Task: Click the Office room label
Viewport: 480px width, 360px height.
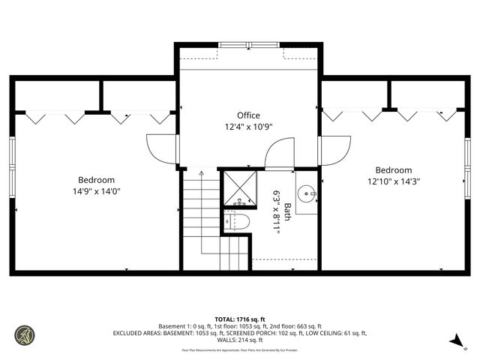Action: pos(248,115)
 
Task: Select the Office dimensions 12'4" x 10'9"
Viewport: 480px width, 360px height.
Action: pos(248,127)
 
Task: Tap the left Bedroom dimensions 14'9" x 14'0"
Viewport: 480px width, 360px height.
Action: pos(97,191)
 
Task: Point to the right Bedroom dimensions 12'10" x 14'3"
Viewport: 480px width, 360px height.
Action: pos(394,181)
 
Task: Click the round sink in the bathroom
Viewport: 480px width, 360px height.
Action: pos(307,193)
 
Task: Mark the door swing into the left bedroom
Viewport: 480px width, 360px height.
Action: pos(161,149)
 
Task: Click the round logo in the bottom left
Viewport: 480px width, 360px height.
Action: pos(25,334)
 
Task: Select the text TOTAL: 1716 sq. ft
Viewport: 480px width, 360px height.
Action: pos(239,319)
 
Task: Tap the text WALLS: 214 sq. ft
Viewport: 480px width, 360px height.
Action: pos(239,340)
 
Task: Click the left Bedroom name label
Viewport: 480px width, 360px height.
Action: pos(97,180)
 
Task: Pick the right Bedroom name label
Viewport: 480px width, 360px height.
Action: pos(394,170)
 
